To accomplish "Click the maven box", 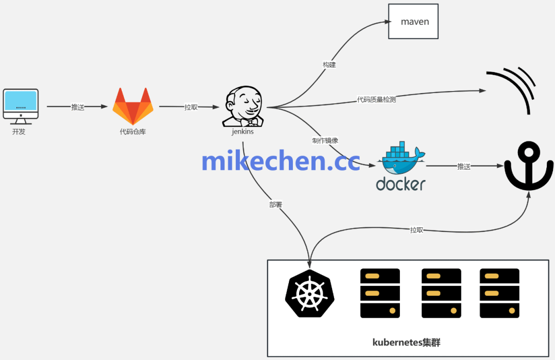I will [413, 22].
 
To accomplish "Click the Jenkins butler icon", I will [243, 106].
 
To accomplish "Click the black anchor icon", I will [529, 168].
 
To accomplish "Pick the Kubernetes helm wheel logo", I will [310, 293].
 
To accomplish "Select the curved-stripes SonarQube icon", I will [512, 88].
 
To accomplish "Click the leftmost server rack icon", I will [380, 293].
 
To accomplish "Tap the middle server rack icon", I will [441, 293].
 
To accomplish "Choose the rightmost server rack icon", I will [499, 293].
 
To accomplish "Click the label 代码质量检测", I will [376, 99].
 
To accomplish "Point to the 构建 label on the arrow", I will [329, 65].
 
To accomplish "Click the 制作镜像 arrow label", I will [325, 140].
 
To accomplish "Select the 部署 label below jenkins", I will [276, 204].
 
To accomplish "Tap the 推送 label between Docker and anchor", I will [464, 166].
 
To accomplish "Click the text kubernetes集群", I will [406, 342].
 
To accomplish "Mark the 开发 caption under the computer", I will [19, 132].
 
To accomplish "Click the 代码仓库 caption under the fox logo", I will [133, 132].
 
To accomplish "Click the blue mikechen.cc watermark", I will [281, 161].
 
